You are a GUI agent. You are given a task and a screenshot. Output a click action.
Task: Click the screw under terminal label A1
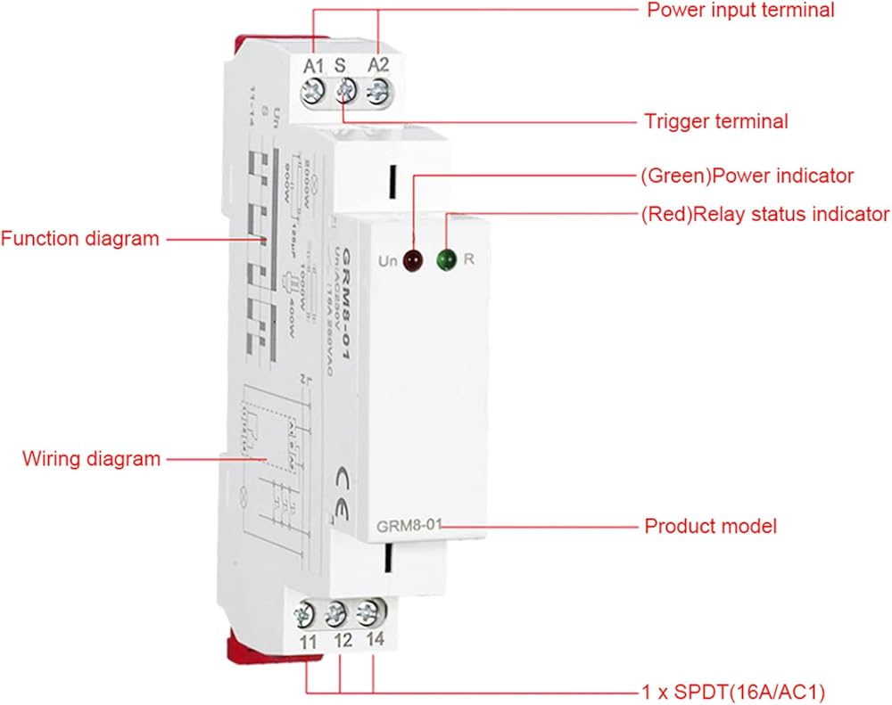click(x=314, y=90)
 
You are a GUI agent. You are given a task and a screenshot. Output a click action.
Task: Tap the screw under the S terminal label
click(x=345, y=89)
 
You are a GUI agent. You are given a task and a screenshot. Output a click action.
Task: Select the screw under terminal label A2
click(x=377, y=89)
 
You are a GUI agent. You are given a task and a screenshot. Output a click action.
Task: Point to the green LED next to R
click(x=445, y=260)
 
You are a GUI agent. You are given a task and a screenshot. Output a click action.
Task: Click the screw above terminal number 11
click(x=306, y=614)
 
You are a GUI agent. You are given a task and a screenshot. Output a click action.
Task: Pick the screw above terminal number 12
click(x=336, y=613)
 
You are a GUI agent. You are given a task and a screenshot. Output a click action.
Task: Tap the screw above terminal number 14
click(x=367, y=612)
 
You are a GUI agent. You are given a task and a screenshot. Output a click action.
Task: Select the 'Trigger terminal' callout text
click(x=716, y=121)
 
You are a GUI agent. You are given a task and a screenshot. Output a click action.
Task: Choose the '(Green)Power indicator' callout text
click(x=747, y=176)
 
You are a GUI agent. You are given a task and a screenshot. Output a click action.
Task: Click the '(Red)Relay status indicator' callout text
click(x=764, y=214)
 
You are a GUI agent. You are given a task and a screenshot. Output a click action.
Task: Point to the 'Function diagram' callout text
click(x=80, y=239)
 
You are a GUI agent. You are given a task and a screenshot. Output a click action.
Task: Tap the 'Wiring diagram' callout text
click(x=91, y=459)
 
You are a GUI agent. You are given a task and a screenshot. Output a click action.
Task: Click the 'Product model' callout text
click(x=710, y=526)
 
